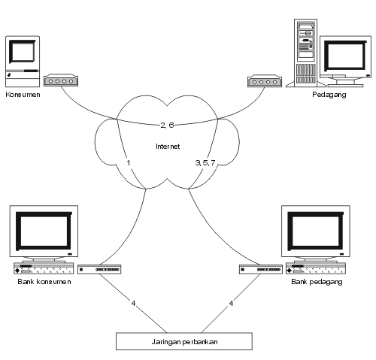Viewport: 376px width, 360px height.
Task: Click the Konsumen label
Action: [x=23, y=95]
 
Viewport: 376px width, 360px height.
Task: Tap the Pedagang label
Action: [x=329, y=95]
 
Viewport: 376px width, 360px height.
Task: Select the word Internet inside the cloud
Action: [x=168, y=147]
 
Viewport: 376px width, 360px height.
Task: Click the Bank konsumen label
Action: [x=44, y=282]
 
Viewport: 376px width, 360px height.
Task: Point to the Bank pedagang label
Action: [x=317, y=282]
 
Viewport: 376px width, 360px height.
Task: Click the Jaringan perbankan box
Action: [x=184, y=341]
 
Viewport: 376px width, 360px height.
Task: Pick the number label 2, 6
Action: [x=167, y=125]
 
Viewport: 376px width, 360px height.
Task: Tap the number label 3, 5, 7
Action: [x=205, y=163]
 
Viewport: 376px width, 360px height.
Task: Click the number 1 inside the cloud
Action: [x=129, y=163]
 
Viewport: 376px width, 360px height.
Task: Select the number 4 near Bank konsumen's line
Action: [x=133, y=304]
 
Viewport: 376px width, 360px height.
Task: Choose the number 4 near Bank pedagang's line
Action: [x=231, y=304]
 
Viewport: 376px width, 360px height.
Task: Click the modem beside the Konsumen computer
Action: [x=61, y=80]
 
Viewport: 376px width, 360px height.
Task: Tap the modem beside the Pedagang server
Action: [x=265, y=81]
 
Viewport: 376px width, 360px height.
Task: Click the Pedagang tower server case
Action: [x=305, y=53]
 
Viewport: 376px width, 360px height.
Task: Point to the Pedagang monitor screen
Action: [x=345, y=56]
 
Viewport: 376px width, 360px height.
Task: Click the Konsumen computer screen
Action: [x=22, y=52]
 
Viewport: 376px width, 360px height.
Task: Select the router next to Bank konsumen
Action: [x=99, y=269]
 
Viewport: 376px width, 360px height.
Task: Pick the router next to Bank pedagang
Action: [x=261, y=269]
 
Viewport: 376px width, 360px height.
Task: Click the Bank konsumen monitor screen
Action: [x=44, y=231]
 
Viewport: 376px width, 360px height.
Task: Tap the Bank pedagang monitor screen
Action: [x=316, y=231]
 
